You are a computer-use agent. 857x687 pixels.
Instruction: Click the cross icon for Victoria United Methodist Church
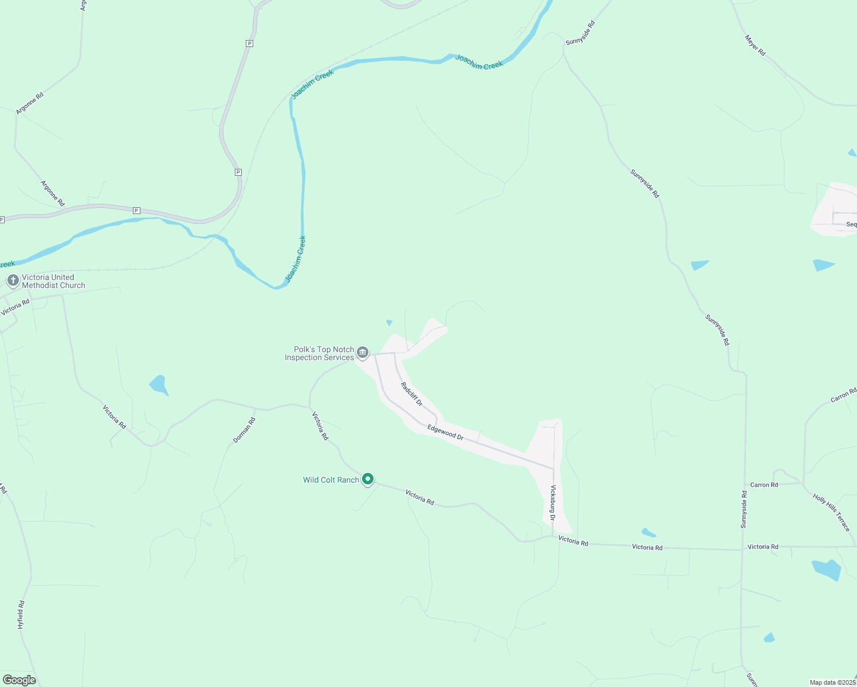13,281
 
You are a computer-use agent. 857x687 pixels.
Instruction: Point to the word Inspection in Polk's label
304,358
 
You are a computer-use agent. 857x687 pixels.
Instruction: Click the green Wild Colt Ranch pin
368,479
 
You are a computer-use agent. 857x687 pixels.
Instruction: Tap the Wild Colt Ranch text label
331,480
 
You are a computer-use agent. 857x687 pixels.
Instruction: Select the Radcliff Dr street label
411,394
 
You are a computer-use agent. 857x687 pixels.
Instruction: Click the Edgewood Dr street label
445,432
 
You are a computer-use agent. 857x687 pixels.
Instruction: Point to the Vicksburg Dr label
553,503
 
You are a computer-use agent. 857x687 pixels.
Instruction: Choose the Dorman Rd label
244,430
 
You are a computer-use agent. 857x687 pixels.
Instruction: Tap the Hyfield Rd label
21,614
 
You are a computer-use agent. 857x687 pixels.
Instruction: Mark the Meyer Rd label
755,45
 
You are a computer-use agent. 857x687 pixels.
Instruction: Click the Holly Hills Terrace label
831,512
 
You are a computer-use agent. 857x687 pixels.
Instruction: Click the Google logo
19,680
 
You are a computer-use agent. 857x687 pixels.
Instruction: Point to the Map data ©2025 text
832,682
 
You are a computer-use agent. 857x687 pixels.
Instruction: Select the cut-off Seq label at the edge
851,224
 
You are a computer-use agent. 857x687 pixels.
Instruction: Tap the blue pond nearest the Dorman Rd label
159,385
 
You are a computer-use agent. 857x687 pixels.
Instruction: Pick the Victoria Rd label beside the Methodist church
15,307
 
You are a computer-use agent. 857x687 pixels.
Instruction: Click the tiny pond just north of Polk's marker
390,323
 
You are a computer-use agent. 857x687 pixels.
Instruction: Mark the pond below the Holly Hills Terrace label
827,569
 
